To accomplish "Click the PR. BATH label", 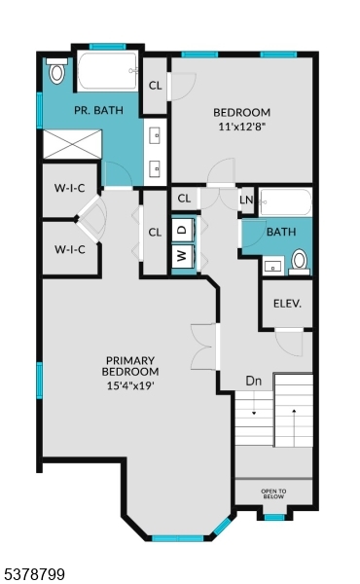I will (98, 111).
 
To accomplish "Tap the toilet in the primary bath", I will (56, 71).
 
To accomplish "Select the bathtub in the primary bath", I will (107, 71).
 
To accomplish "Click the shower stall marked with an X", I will (70, 144).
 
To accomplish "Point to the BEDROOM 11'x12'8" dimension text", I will (242, 125).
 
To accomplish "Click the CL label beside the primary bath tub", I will (155, 85).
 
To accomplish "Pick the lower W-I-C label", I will (69, 249).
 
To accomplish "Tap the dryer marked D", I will (182, 230).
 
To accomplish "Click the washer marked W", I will (182, 257).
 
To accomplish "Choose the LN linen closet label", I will (246, 200).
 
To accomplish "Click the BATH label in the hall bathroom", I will (280, 232).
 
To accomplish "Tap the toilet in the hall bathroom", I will (299, 260).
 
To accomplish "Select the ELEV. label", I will (286, 303).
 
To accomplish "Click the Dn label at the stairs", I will (254, 381).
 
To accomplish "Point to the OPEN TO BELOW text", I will (274, 493).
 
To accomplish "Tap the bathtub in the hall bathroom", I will (285, 201).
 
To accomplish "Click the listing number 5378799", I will (33, 574).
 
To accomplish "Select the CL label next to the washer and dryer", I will (155, 232).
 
